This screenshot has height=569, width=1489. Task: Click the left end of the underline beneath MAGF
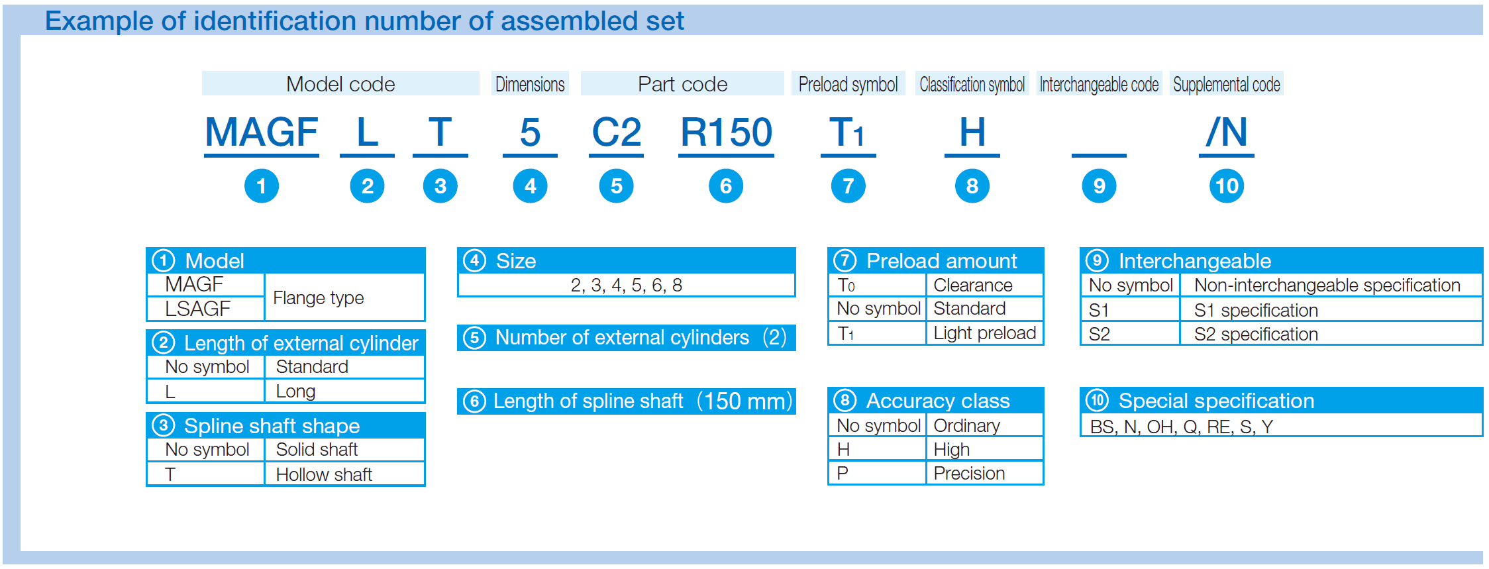(x=205, y=156)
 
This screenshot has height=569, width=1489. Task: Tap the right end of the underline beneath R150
(x=774, y=156)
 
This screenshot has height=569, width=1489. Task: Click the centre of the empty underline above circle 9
(x=1099, y=156)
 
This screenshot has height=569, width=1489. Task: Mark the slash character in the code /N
(x=1212, y=132)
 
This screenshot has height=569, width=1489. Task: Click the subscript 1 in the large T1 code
(x=859, y=137)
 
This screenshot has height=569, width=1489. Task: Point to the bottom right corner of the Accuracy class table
(x=1044, y=485)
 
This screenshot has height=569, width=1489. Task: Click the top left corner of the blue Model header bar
(x=146, y=248)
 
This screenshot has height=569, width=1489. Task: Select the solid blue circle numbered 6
(x=726, y=186)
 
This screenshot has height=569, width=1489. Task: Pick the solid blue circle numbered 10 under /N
(x=1227, y=186)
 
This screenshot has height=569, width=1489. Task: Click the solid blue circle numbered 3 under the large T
(x=440, y=186)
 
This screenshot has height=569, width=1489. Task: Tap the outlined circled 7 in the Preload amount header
(x=845, y=260)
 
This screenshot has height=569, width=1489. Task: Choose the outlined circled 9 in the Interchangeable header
(x=1097, y=260)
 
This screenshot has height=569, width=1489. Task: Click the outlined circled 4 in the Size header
(x=474, y=260)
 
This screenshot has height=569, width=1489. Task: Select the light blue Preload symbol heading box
(x=848, y=83)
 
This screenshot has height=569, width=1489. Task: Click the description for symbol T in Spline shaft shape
(x=324, y=474)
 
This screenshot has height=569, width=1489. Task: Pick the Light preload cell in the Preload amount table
(x=984, y=333)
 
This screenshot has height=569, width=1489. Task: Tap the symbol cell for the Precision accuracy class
(x=877, y=473)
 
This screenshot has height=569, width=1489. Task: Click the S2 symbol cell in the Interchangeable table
(x=1130, y=334)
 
